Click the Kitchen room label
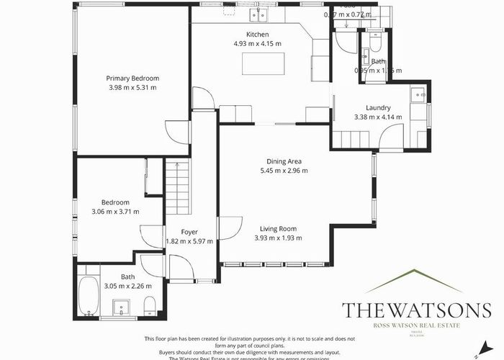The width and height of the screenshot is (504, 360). click(257, 35)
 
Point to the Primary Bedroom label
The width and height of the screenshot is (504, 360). click(132, 78)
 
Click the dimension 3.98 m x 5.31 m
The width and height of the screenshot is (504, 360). click(132, 87)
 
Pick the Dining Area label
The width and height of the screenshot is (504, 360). click(284, 161)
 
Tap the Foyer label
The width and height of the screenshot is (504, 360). click(189, 232)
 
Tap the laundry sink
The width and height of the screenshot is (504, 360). click(417, 93)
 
